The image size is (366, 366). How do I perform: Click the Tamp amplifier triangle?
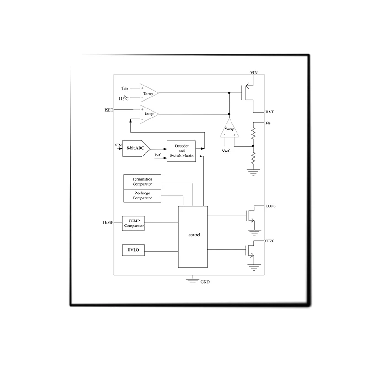(x=149, y=93)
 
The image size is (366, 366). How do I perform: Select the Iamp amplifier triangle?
(x=149, y=114)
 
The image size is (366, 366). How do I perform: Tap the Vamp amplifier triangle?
(x=229, y=128)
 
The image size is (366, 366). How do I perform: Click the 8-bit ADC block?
(x=136, y=148)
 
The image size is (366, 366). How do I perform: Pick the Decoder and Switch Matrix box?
(x=181, y=151)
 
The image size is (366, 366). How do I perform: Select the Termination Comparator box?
(x=142, y=182)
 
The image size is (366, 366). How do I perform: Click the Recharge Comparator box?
(x=142, y=196)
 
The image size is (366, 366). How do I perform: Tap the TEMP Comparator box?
(x=133, y=223)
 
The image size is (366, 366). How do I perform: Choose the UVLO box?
(x=133, y=250)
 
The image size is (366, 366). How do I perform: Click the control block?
(x=193, y=237)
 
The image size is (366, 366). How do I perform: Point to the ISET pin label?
(x=109, y=110)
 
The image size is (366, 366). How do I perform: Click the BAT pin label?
(x=269, y=112)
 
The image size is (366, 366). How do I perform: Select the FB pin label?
(x=268, y=123)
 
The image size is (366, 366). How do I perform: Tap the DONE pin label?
(x=271, y=206)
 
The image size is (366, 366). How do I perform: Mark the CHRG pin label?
(x=269, y=241)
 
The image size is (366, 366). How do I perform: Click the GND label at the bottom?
(x=205, y=282)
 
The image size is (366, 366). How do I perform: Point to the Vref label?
(x=226, y=151)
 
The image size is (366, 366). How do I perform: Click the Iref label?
(x=157, y=155)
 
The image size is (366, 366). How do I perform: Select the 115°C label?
(x=123, y=98)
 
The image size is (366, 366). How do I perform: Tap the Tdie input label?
(x=124, y=88)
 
